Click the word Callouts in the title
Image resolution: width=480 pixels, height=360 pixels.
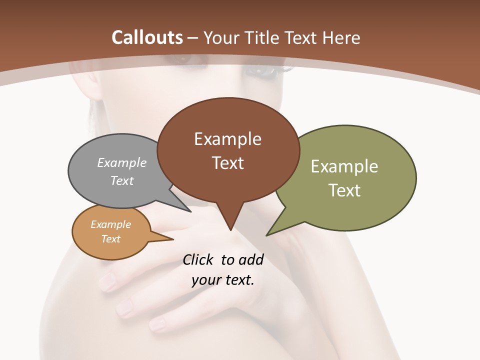pyautogui.click(x=147, y=37)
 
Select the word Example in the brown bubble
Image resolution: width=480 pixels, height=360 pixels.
pyautogui.click(x=227, y=139)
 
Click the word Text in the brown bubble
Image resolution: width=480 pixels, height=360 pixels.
pyautogui.click(x=227, y=163)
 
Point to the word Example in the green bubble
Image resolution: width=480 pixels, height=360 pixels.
pyautogui.click(x=344, y=166)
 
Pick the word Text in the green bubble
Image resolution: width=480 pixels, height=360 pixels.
pyautogui.click(x=344, y=190)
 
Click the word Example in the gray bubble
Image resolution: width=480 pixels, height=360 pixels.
pyautogui.click(x=122, y=162)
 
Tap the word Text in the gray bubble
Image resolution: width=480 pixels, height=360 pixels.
pyautogui.click(x=122, y=180)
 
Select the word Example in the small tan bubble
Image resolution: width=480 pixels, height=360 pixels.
pyautogui.click(x=110, y=224)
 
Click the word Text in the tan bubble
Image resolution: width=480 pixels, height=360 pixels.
pyautogui.click(x=110, y=239)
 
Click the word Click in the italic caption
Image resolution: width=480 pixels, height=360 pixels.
pyautogui.click(x=198, y=259)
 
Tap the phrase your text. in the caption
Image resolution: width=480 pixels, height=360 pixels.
pyautogui.click(x=223, y=280)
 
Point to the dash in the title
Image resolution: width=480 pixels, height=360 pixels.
pyautogui.click(x=193, y=37)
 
